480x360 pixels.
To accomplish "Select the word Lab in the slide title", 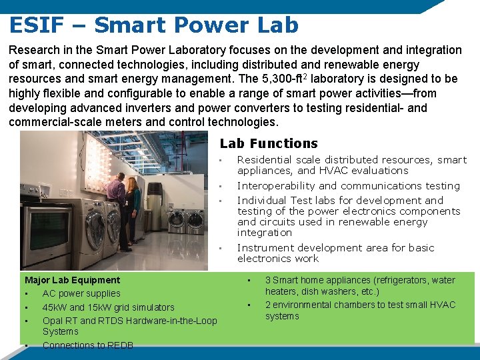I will coord(277,25).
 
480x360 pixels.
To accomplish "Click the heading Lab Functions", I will coord(269,143).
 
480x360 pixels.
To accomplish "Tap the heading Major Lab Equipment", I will coord(72,280).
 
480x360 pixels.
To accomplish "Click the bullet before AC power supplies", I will coord(25,294).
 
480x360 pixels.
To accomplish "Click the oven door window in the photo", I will coord(45,236).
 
